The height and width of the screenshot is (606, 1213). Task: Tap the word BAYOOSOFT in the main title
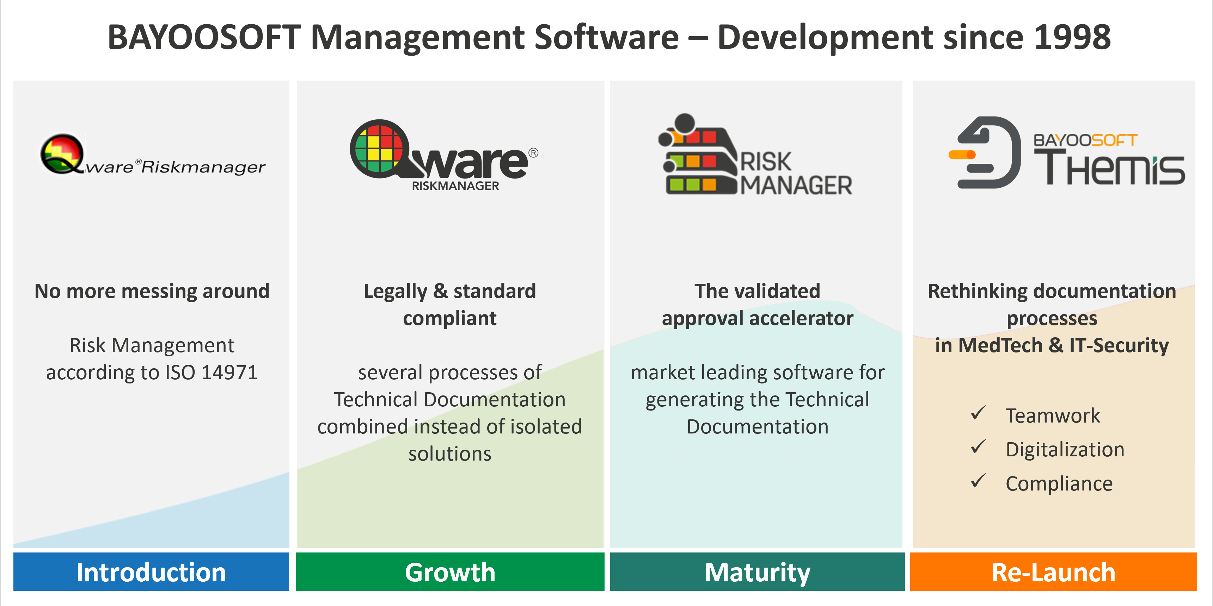[204, 37]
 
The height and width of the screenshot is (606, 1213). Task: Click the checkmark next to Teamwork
[978, 413]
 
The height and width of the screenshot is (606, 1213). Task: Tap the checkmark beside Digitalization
[978, 447]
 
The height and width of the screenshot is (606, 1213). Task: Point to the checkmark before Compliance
[978, 481]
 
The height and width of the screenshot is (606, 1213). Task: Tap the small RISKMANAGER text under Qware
[455, 186]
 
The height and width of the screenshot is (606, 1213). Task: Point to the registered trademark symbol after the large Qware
[533, 152]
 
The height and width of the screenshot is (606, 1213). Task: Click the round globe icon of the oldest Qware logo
[62, 154]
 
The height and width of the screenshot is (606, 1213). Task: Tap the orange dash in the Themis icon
[962, 154]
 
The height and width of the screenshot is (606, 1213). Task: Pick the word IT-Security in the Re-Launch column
[1119, 345]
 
